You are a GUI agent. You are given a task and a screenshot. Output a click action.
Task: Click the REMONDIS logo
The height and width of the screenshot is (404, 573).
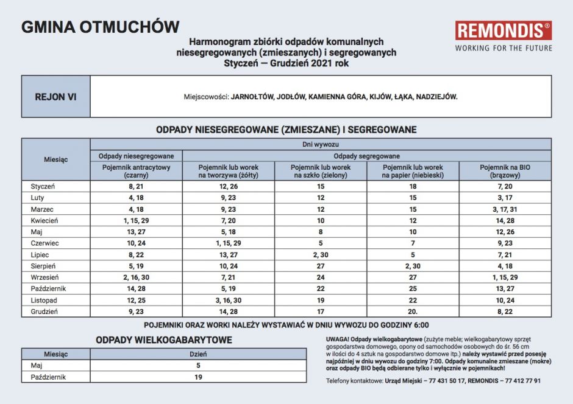pos(504,31)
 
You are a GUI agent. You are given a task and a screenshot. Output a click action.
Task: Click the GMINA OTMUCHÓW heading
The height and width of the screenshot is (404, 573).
pos(101,27)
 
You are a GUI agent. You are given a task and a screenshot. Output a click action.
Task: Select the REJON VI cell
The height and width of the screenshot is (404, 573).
pos(56,96)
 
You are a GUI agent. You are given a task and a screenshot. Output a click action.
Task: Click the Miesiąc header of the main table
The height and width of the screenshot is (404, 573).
pos(56,159)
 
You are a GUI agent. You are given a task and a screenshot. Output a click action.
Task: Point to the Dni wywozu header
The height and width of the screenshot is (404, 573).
pos(321,144)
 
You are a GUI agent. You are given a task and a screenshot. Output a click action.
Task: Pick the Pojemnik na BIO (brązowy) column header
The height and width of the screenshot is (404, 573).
pos(505,171)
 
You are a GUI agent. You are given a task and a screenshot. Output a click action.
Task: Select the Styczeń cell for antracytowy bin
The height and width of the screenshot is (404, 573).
pos(136,186)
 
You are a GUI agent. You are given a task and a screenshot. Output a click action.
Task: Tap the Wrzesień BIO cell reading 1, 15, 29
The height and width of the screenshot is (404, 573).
pos(505,277)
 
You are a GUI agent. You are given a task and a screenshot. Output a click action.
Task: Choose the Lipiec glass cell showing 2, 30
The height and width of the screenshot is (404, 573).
pos(320,254)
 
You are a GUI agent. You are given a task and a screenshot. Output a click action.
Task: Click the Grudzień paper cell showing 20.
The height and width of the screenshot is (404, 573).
pos(413,312)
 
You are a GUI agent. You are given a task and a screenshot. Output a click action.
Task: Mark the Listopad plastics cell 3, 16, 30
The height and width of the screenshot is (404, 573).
pos(229,300)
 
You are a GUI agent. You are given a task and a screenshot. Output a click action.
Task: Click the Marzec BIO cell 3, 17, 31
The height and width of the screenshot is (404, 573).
pos(505,209)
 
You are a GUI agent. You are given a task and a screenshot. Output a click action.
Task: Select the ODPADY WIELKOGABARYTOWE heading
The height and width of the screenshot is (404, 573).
pos(164,340)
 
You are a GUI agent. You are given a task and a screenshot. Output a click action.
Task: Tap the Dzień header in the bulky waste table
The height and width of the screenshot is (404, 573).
pos(198,353)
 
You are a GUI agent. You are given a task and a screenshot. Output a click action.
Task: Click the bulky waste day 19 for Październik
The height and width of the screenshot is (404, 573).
pos(198,377)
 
